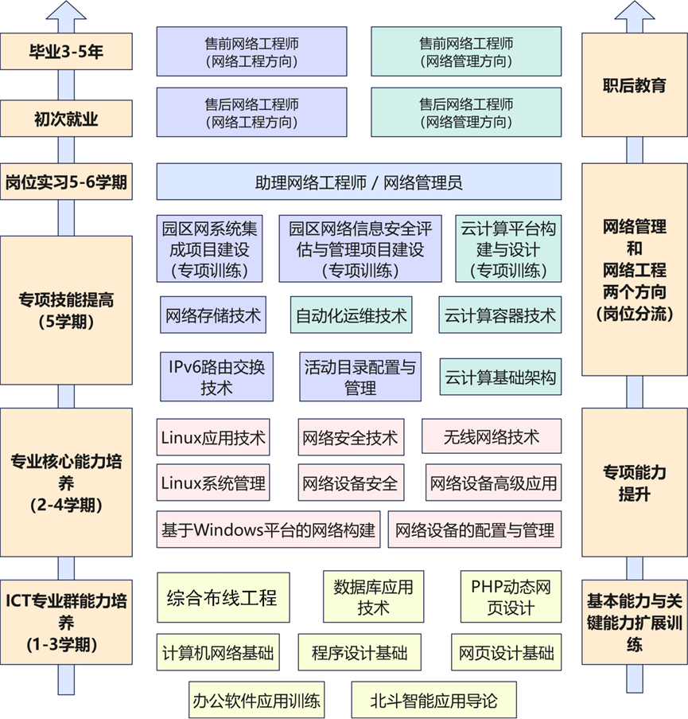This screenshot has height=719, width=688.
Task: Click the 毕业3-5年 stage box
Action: (x=66, y=53)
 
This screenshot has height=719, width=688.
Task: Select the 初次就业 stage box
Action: (x=66, y=119)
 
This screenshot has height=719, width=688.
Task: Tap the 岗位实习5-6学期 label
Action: (x=66, y=182)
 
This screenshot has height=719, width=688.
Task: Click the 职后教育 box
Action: (x=634, y=85)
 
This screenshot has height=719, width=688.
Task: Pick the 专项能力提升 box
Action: (x=634, y=483)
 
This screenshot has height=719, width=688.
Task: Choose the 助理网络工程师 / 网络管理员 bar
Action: (x=359, y=182)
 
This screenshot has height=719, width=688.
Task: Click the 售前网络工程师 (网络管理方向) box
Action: (x=465, y=52)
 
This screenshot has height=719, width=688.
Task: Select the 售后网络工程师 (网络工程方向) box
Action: (x=251, y=113)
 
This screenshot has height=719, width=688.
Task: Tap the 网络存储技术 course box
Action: (x=212, y=315)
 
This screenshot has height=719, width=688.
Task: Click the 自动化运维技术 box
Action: (x=351, y=315)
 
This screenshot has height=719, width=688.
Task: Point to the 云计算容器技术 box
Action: (x=499, y=315)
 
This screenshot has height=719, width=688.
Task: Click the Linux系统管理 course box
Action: (x=213, y=483)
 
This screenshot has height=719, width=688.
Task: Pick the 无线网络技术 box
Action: (x=491, y=437)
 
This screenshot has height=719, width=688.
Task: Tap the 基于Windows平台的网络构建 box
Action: (x=268, y=529)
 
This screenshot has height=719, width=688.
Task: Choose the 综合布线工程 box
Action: (x=222, y=596)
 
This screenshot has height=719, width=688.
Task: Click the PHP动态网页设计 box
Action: (x=511, y=597)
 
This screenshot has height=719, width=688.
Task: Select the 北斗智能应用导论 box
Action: (x=433, y=701)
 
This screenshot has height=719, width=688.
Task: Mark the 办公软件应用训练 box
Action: (x=256, y=701)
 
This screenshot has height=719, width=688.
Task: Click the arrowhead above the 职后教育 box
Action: (x=634, y=14)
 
